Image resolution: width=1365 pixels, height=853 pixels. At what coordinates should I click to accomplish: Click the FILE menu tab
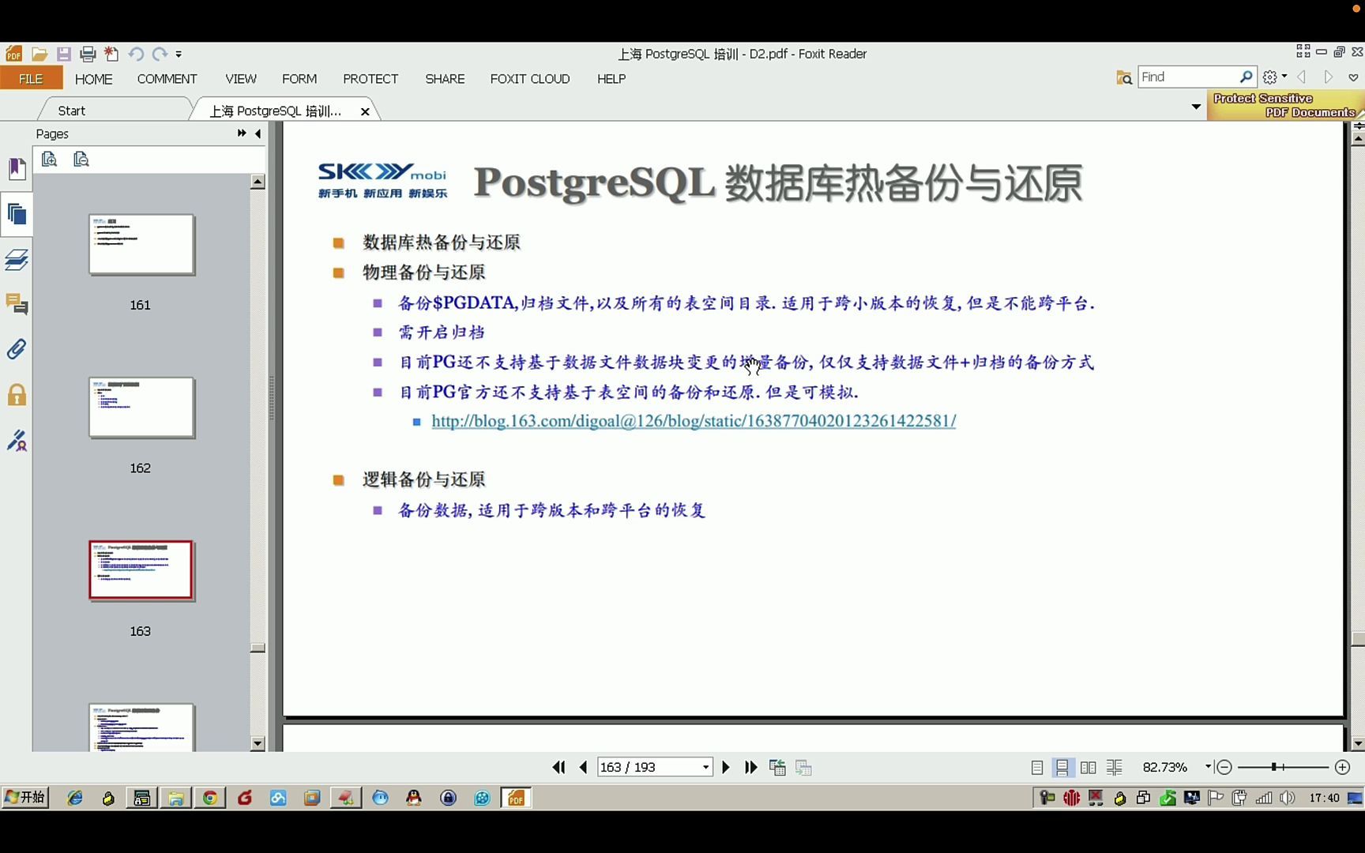click(x=31, y=79)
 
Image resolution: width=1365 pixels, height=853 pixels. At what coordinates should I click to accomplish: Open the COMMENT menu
click(x=167, y=79)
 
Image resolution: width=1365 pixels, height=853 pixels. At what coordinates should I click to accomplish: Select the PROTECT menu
click(x=370, y=79)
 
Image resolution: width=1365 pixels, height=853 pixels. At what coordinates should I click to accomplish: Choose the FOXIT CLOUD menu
click(x=530, y=79)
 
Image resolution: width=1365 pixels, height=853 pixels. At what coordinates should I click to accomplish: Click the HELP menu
click(x=611, y=79)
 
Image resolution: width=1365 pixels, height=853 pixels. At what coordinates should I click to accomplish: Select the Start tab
click(x=72, y=111)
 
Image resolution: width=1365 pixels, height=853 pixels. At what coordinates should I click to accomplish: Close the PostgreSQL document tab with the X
click(x=365, y=111)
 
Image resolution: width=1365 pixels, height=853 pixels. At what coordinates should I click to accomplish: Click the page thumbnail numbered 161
click(x=141, y=245)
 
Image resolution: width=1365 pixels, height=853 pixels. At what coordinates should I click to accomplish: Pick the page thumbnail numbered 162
click(x=141, y=408)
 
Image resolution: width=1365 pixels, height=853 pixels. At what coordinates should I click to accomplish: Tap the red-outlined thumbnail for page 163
click(x=141, y=570)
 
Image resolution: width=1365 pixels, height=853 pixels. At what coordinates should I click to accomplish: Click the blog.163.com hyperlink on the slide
click(x=694, y=421)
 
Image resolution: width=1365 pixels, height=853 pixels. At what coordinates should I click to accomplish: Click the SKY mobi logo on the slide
click(x=382, y=181)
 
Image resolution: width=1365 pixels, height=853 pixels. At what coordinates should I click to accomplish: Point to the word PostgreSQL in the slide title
click(x=594, y=183)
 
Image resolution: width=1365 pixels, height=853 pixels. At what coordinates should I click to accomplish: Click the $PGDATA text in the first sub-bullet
click(x=474, y=303)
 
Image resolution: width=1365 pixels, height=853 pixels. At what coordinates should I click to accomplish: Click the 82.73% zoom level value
click(x=1165, y=767)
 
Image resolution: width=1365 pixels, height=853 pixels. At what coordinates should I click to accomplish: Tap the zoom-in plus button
click(x=1342, y=767)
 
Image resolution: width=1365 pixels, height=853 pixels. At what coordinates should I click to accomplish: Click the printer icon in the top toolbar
click(x=88, y=54)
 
